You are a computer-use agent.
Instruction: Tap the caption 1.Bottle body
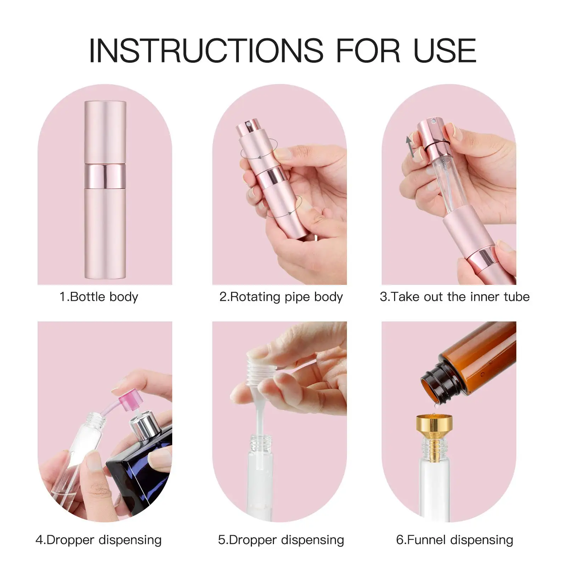[x=99, y=297]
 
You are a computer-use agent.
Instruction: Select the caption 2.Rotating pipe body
[x=281, y=297]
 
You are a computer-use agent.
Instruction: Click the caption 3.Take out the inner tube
[x=455, y=297]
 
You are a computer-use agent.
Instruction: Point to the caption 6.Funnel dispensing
[x=455, y=540]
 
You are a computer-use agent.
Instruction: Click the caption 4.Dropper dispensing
[x=99, y=540]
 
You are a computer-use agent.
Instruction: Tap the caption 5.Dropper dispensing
[x=281, y=540]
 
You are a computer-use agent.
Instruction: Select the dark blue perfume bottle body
[x=142, y=475]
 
